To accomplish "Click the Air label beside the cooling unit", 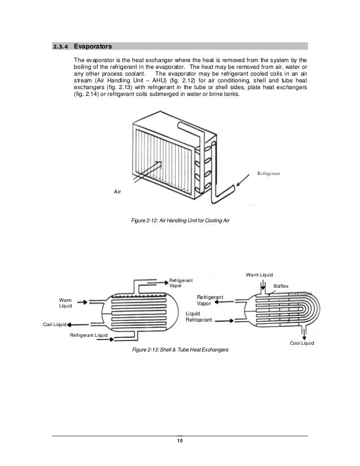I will point(117,192).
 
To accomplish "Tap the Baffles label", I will point(281,286).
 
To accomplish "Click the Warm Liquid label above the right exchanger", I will point(260,275).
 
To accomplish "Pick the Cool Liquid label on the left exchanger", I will point(55,325).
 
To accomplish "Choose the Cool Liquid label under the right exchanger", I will point(301,343).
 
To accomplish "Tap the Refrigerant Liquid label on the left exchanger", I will point(89,336).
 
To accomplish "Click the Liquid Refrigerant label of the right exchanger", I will point(199,316).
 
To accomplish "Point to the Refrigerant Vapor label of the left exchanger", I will point(181,283).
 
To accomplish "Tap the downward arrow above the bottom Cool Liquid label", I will point(303,331).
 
